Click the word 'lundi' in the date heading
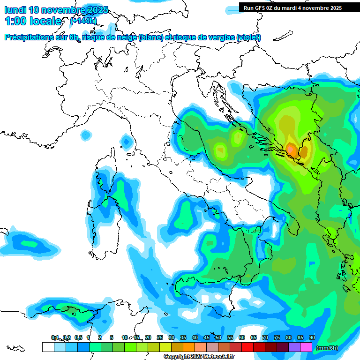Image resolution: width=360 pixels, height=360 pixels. (15, 10)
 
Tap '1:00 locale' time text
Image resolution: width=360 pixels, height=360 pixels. (33, 21)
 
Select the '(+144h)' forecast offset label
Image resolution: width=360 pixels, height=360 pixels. (83, 21)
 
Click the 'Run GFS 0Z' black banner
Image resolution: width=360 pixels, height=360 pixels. (292, 8)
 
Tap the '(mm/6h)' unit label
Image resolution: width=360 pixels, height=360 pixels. (327, 348)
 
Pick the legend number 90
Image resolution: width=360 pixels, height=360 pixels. (312, 337)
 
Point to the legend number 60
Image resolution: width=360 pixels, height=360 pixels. (241, 337)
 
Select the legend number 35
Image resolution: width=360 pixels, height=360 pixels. (183, 337)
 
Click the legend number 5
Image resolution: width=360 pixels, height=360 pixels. (112, 337)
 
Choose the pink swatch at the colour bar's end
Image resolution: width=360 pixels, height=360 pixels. (306, 347)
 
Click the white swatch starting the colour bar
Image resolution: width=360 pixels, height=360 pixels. (48, 347)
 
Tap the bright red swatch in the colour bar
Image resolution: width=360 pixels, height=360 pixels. (247, 347)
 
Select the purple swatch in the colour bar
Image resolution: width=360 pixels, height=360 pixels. (294, 347)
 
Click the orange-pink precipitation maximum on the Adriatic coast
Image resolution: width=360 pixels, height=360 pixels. (291, 149)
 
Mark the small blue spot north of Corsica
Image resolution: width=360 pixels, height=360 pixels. (126, 140)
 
